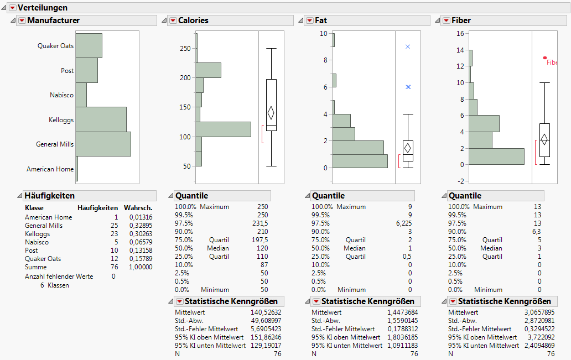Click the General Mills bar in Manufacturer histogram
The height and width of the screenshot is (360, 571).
103,144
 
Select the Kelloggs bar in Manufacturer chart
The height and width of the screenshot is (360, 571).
101,119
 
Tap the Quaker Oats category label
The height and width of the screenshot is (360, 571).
55,46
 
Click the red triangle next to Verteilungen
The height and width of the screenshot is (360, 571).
12,8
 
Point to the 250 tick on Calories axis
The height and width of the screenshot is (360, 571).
185,49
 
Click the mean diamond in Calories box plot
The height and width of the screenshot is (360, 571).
271,113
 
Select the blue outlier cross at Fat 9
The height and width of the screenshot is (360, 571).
408,47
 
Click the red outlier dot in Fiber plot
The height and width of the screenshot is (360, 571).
545,58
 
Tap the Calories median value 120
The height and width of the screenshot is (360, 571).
262,248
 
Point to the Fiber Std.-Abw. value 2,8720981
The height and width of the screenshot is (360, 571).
537,321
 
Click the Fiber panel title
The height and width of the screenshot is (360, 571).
461,20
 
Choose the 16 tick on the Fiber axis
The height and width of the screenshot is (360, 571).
459,34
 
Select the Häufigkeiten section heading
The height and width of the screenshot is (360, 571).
49,196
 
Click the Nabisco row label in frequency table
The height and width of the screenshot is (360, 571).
37,242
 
